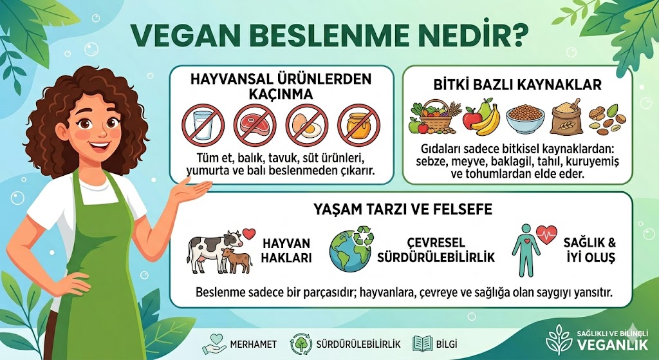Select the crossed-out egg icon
(x=304, y=125)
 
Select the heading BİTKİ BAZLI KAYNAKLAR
(x=514, y=84)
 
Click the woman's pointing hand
(x=192, y=189)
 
